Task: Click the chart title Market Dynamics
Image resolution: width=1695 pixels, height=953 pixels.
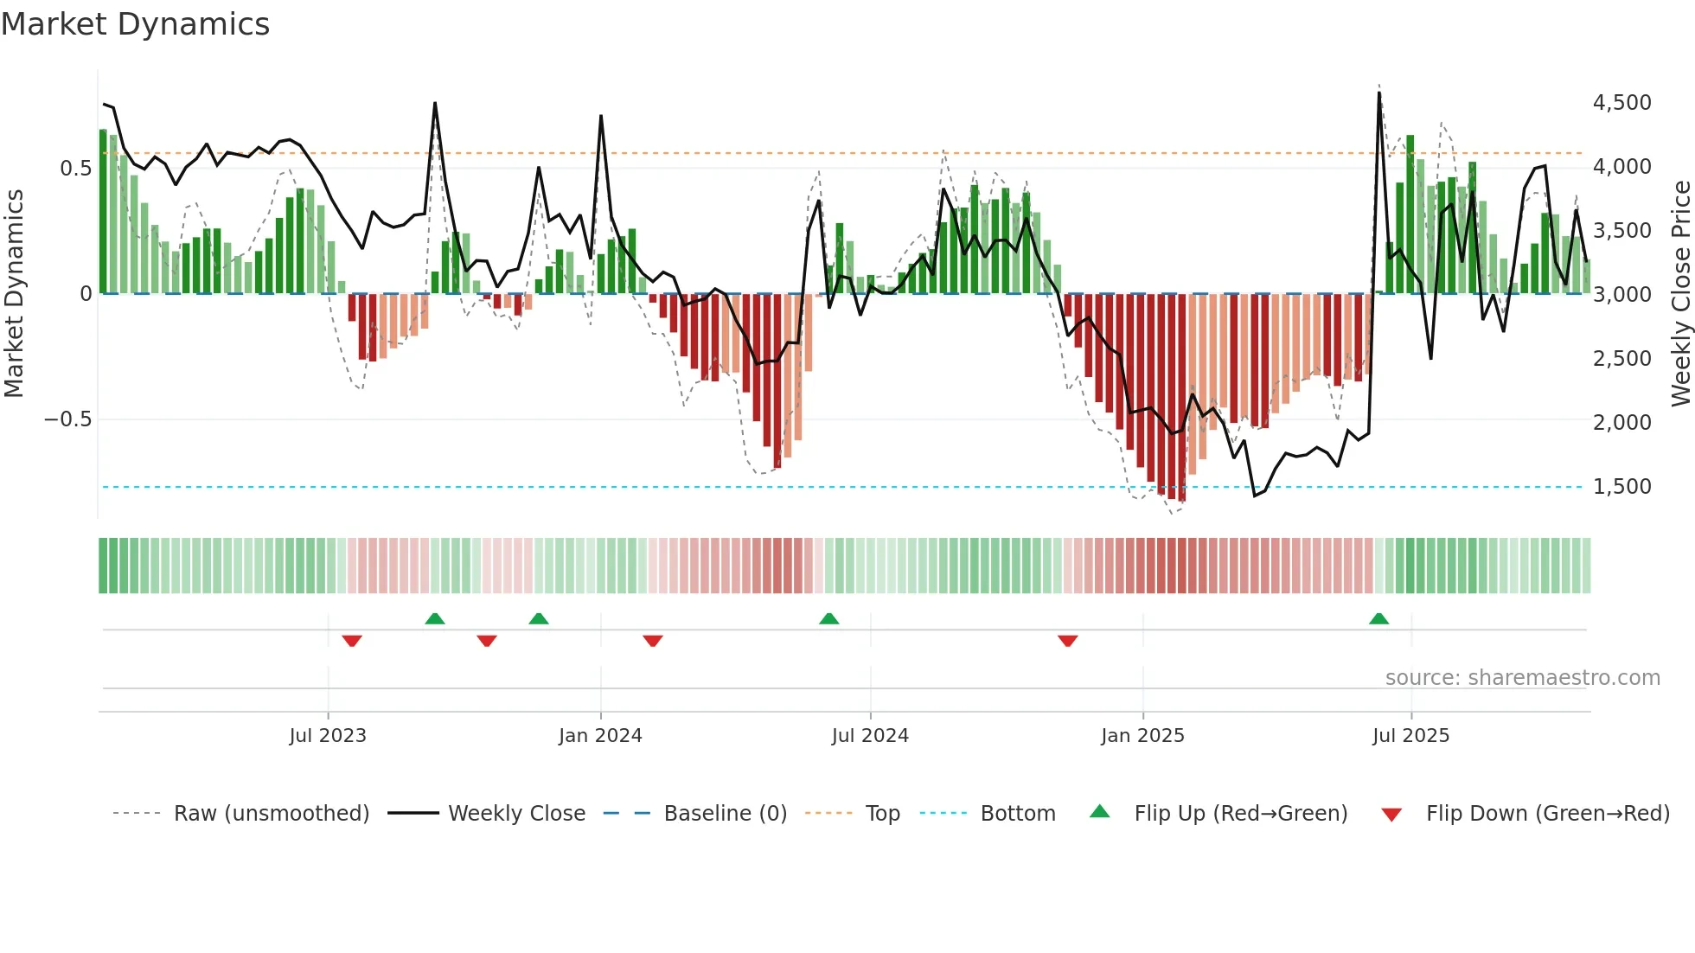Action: (x=136, y=24)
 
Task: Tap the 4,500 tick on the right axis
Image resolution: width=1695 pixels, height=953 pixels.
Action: (x=1621, y=103)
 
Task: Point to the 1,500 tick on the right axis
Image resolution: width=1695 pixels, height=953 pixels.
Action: (x=1621, y=487)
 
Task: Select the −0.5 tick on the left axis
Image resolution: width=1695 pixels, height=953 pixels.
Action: (x=67, y=419)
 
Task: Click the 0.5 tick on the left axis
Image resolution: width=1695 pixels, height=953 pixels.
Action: (x=75, y=168)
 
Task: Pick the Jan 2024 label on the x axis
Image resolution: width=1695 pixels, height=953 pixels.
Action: (x=600, y=736)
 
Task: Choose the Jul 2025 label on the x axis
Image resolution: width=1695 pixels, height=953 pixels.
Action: (x=1410, y=736)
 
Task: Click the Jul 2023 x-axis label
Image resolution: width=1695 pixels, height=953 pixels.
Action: (x=328, y=736)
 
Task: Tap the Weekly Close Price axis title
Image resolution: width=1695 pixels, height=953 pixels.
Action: (x=1680, y=293)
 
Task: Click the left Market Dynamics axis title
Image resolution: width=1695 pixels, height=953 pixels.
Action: (x=15, y=293)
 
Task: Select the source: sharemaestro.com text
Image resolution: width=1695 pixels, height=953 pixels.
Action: (x=1522, y=678)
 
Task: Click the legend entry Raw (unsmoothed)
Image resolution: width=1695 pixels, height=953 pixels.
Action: (x=271, y=814)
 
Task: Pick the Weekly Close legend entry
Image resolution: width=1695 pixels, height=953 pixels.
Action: (x=516, y=814)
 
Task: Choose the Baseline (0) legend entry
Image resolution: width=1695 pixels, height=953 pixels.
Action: (x=725, y=814)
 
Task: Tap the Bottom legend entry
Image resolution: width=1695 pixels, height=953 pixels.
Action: (x=1017, y=814)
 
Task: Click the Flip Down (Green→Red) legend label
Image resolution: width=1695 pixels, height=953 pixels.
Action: (x=1547, y=814)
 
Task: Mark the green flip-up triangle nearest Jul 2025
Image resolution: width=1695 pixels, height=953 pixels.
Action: (x=1378, y=618)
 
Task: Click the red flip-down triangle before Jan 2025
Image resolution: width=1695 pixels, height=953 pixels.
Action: (x=1067, y=641)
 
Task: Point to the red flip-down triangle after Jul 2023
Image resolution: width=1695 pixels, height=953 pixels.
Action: (x=351, y=641)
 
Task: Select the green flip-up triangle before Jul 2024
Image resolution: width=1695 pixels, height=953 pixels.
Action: (x=828, y=618)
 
